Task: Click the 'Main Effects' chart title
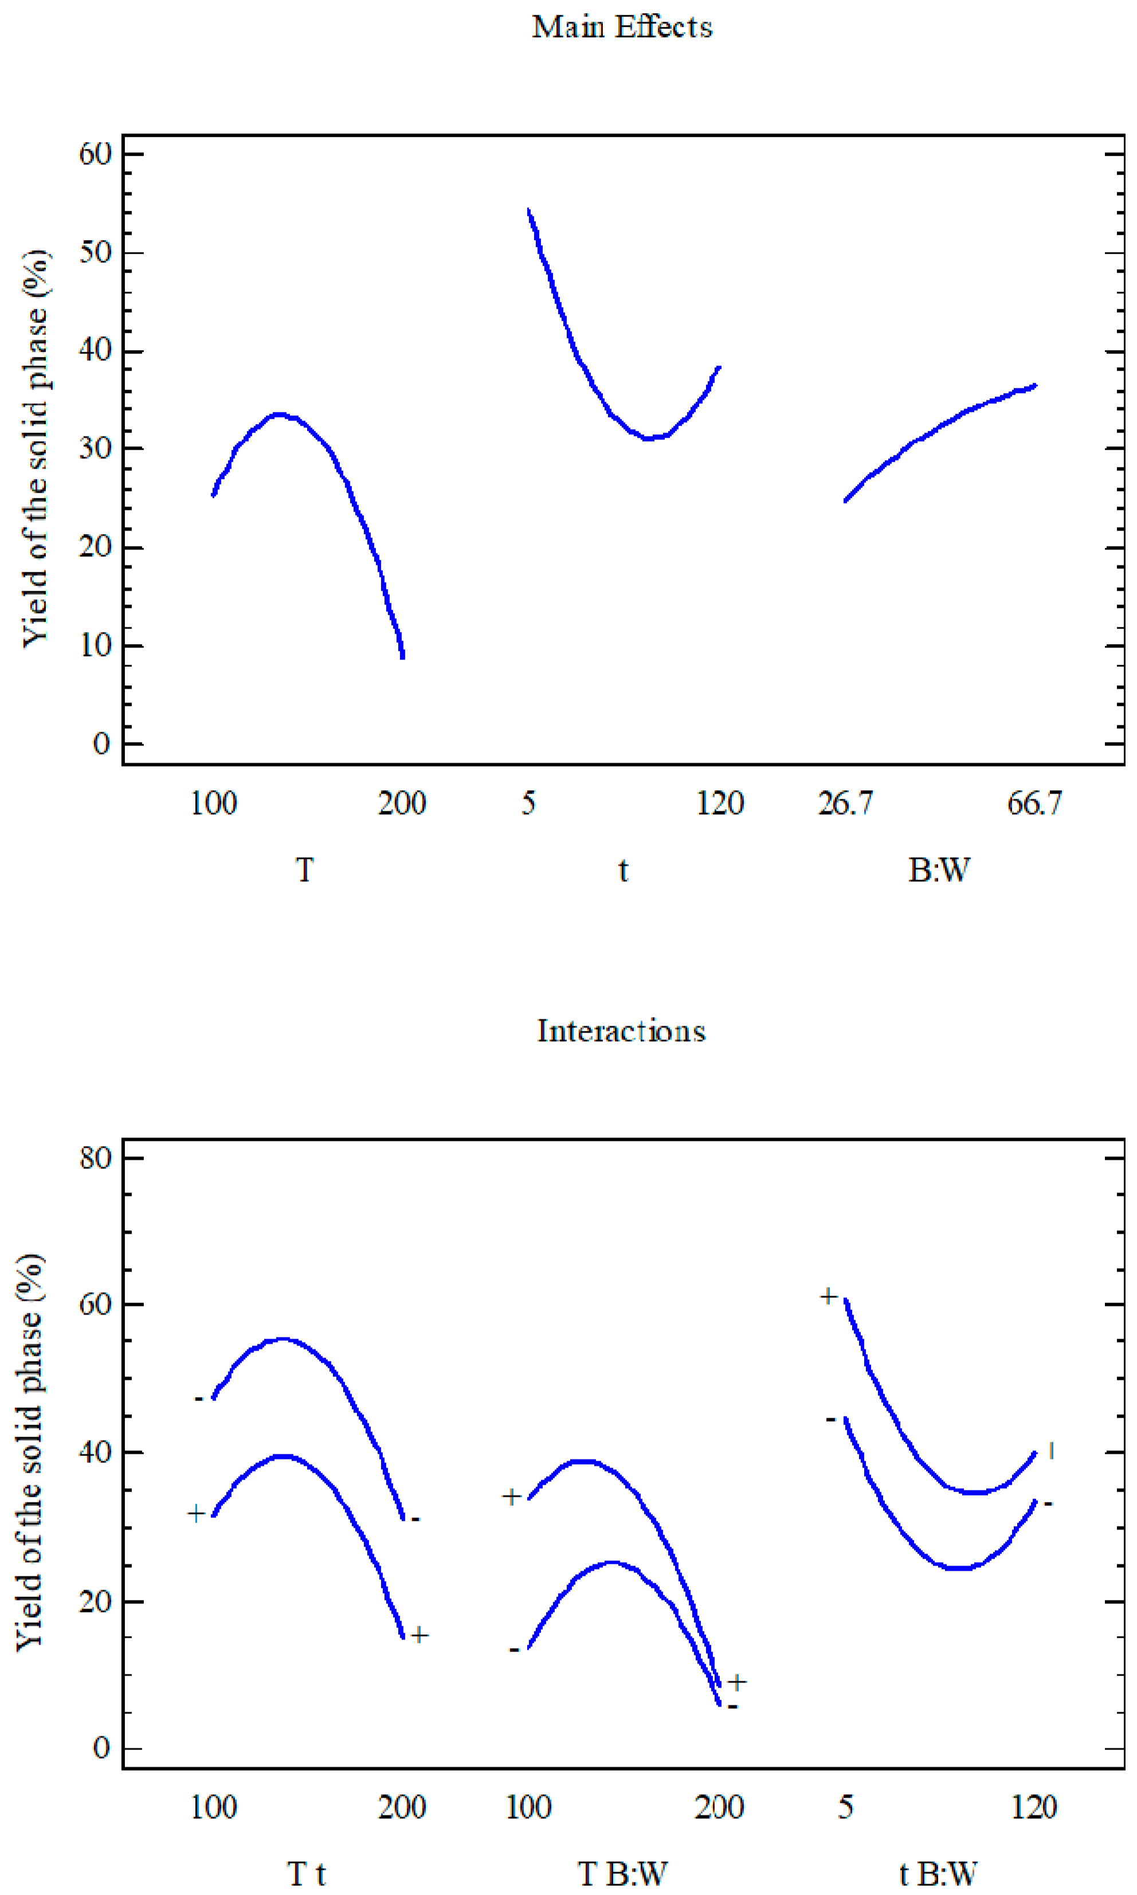click(x=622, y=28)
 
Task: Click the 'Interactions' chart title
click(x=621, y=1031)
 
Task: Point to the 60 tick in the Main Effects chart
click(x=96, y=154)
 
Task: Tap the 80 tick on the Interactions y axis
click(x=96, y=1158)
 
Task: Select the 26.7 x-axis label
click(x=845, y=803)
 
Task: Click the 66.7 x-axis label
click(x=1034, y=803)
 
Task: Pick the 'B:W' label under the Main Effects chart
click(x=939, y=870)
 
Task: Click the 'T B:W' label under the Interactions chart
click(x=622, y=1874)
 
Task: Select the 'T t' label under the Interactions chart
click(x=307, y=1874)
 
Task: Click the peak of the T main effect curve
click(x=279, y=414)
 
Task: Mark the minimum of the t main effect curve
click(x=649, y=438)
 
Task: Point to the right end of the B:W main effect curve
click(x=1034, y=385)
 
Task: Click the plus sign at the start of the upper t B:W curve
click(x=828, y=1296)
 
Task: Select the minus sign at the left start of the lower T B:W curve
click(x=513, y=1649)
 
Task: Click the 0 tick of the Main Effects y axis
click(x=101, y=744)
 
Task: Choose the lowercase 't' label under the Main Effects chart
click(x=623, y=870)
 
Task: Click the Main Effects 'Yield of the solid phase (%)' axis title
click(x=34, y=448)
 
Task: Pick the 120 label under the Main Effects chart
click(x=719, y=803)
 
